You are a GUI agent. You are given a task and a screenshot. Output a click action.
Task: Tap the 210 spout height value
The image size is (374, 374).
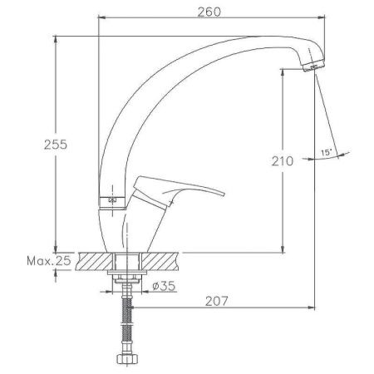click(283, 161)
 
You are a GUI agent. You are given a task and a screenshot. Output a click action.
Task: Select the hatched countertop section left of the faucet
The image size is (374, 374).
click(91, 262)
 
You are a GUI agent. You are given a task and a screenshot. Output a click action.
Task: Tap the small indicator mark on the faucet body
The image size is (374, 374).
click(111, 200)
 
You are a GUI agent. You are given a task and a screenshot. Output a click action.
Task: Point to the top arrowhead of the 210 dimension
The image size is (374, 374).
click(284, 73)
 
